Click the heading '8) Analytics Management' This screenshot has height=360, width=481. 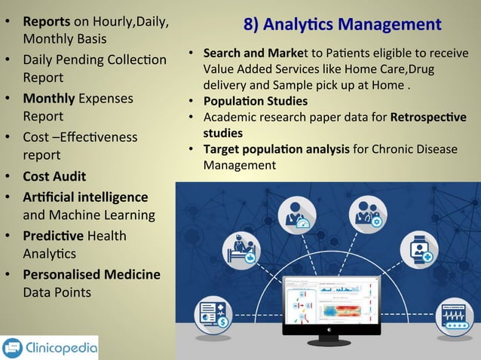pos(342,24)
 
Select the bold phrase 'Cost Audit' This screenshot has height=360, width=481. pos(54,176)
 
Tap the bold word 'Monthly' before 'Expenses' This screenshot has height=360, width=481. pos(48,98)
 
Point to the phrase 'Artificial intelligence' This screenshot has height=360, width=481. pos(85,197)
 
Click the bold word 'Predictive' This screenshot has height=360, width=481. pos(54,236)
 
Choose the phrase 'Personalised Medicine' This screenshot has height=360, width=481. pos(91,274)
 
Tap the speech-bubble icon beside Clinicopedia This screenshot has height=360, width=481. pos(14,348)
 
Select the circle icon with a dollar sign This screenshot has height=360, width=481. pos(213,316)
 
